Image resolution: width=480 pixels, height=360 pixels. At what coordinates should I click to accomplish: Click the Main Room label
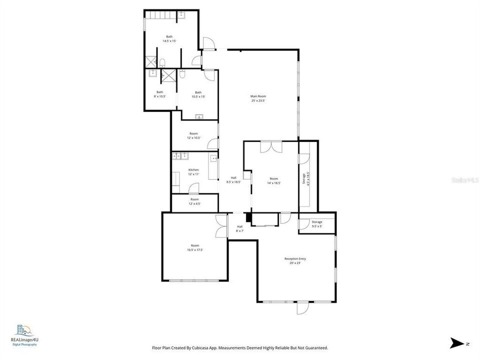tap(258, 98)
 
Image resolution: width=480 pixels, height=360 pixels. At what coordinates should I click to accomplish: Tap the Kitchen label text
tap(193, 172)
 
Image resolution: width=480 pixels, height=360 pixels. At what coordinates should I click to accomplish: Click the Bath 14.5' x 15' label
tap(169, 39)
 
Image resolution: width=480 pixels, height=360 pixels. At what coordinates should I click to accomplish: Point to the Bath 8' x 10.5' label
tap(159, 94)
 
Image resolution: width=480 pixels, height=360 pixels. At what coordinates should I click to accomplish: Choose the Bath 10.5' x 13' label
tap(198, 94)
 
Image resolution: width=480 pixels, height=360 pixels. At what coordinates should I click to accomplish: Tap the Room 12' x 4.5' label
tap(194, 201)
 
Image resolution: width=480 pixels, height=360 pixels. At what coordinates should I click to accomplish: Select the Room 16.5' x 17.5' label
tap(194, 247)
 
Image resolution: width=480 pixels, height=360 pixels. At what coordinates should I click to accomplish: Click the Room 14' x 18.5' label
tap(273, 181)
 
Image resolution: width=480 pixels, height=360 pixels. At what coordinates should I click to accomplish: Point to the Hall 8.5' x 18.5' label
tap(233, 180)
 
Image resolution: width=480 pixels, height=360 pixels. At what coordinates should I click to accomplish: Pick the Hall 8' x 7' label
tap(239, 229)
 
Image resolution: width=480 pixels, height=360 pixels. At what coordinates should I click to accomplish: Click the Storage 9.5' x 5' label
tap(317, 224)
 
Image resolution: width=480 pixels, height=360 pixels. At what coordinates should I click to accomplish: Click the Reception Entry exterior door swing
tap(302, 308)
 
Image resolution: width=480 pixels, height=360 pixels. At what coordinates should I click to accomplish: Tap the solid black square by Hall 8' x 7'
tap(248, 217)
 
